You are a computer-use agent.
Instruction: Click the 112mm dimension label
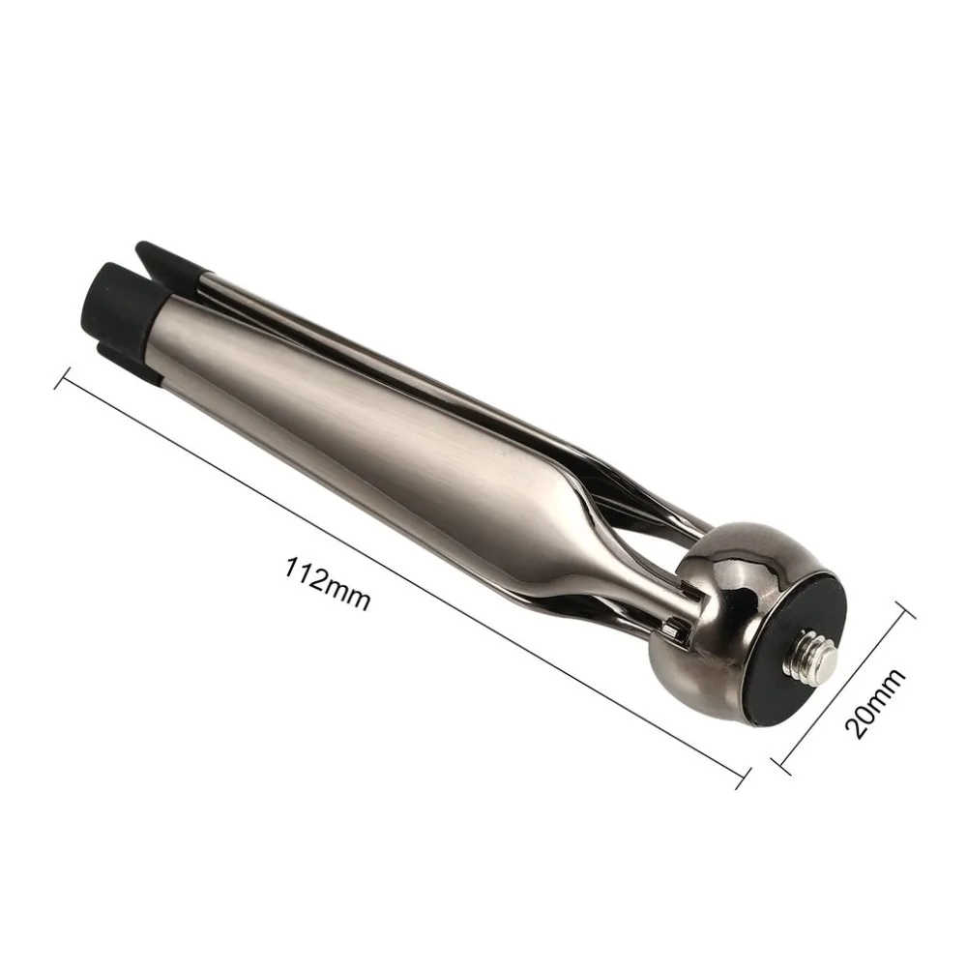328,581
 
